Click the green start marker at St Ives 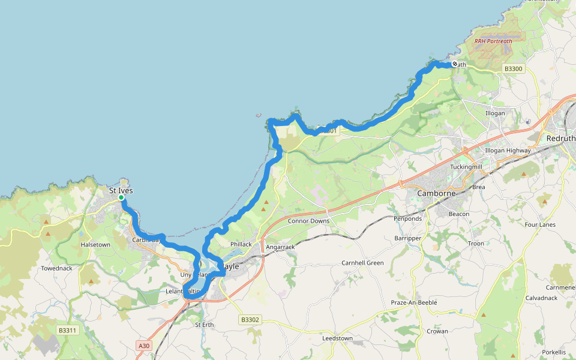point(121,197)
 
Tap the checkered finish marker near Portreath point(455,64)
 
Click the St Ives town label point(121,191)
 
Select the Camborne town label point(437,194)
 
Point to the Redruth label point(560,138)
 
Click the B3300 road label point(514,69)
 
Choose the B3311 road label point(68,331)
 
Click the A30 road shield point(143,346)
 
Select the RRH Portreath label point(493,41)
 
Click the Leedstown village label point(337,338)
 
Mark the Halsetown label point(95,245)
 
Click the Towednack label point(56,268)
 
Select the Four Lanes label point(540,225)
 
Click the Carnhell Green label point(362,263)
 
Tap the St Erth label point(204,325)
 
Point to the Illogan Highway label point(508,151)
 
